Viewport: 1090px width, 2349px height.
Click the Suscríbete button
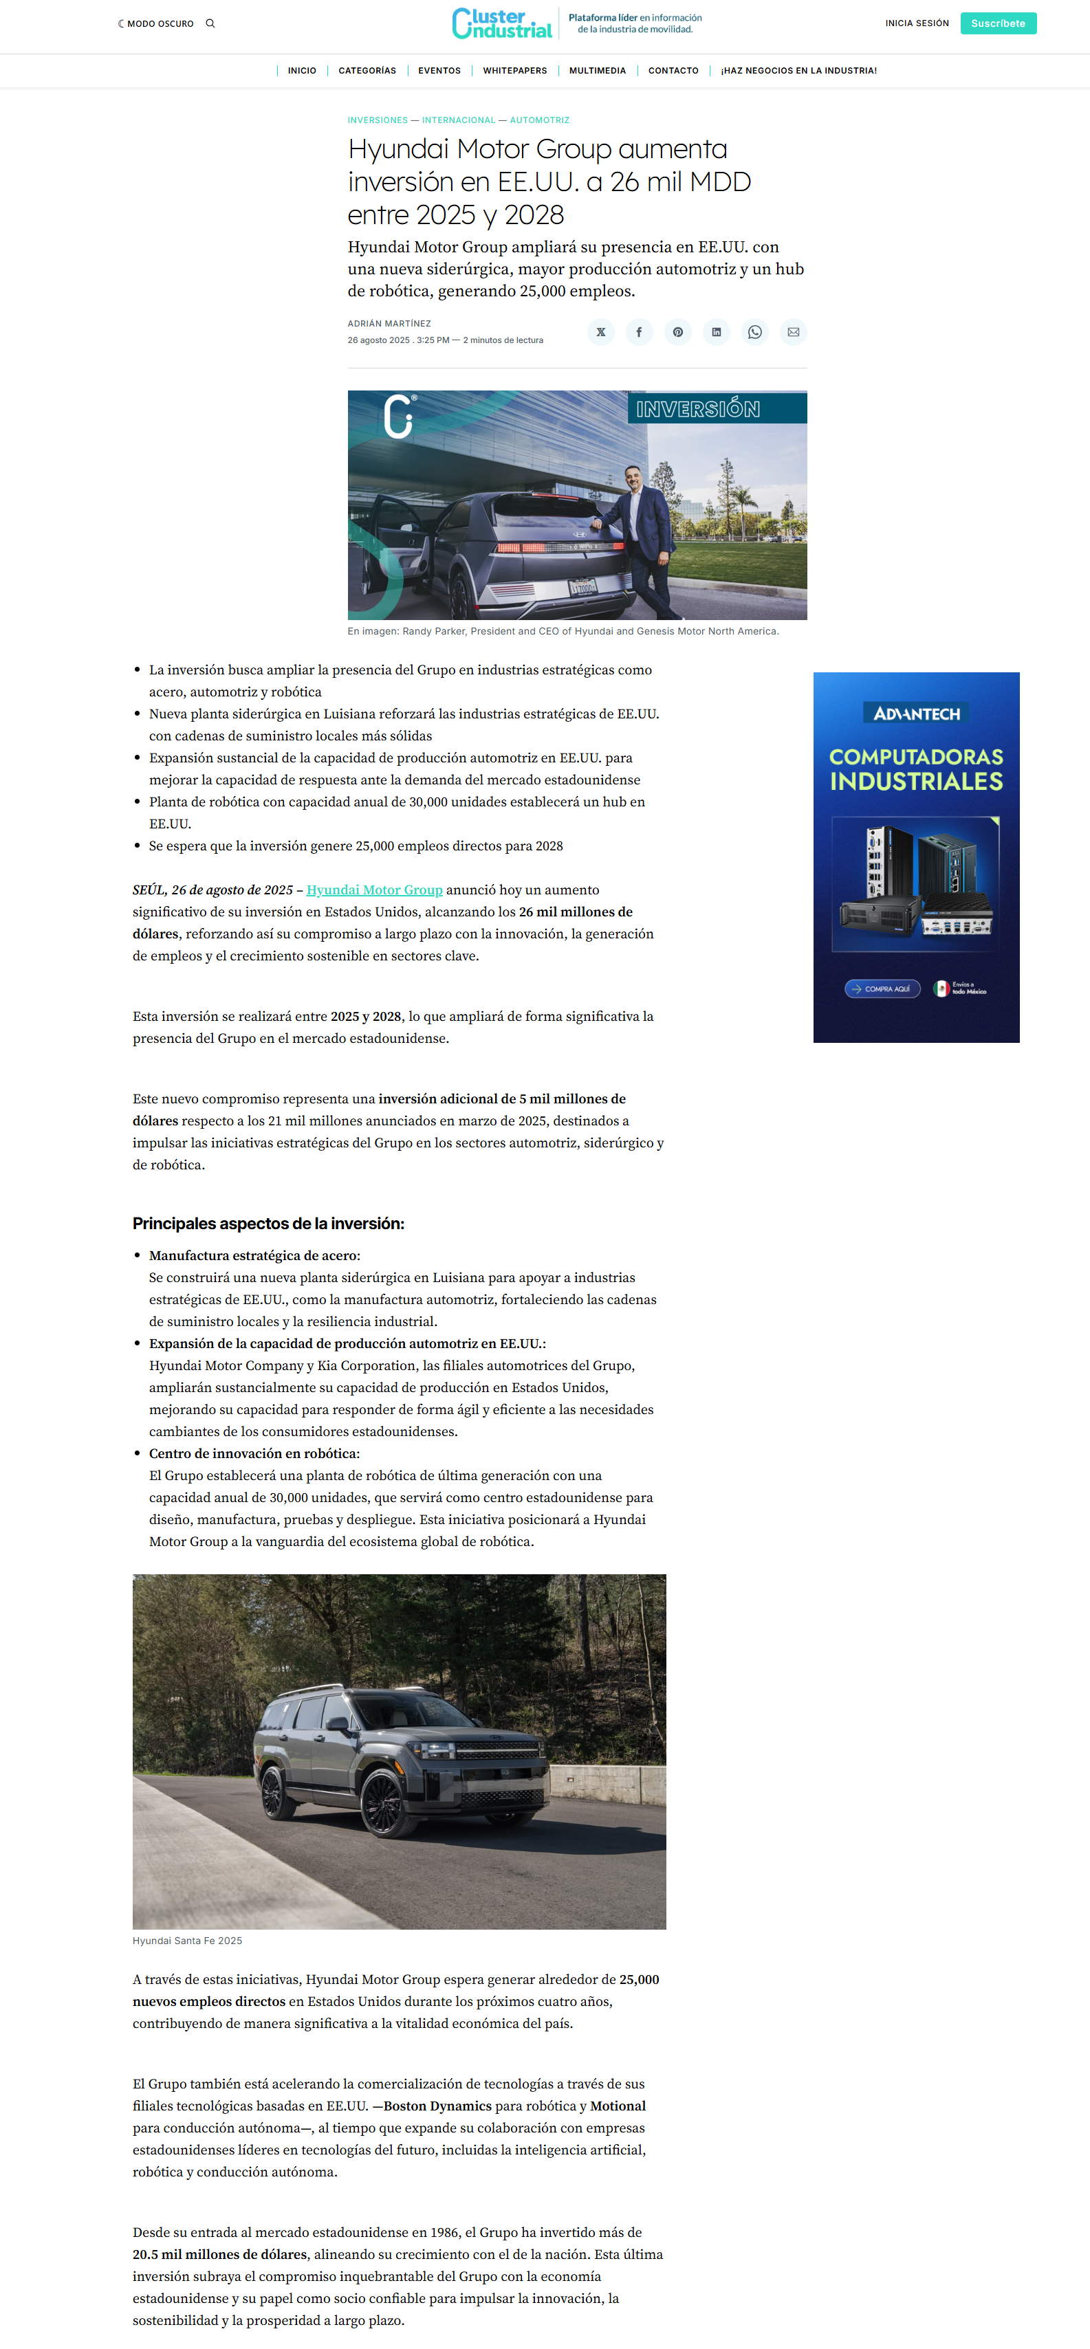[997, 23]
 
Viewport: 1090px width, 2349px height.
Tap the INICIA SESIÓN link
[916, 23]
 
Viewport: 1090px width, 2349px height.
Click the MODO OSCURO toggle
[156, 23]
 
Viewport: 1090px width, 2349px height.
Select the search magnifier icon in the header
[210, 23]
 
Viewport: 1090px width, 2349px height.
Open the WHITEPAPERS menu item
[514, 70]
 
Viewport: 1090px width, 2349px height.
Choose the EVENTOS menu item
[439, 70]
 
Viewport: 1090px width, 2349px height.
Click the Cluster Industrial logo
[501, 23]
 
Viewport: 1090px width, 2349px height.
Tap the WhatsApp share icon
[754, 332]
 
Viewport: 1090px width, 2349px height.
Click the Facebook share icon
[638, 332]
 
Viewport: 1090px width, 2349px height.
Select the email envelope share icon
[793, 332]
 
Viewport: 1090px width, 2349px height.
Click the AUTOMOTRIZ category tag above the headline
[539, 120]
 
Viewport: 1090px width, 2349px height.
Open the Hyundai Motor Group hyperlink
[374, 890]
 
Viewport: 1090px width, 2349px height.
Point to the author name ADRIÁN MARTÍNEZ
[389, 324]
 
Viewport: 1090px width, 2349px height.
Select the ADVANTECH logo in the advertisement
[916, 713]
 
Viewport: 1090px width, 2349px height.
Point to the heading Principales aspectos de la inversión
[268, 1224]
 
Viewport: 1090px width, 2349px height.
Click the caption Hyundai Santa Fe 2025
[187, 1941]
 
